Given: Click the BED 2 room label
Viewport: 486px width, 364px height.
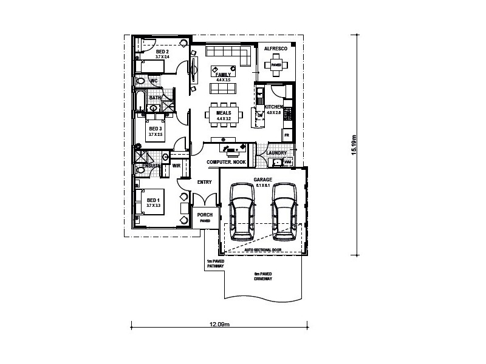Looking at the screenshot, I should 162,52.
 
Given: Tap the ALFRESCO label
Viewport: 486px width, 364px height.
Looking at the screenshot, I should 275,47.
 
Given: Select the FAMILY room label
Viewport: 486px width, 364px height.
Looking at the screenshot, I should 224,75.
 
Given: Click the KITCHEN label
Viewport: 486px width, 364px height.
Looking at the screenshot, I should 274,107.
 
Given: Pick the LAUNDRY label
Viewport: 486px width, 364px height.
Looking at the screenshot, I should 276,153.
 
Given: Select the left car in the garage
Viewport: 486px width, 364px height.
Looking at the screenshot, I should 242,208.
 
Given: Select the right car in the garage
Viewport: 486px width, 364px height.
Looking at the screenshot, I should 284,208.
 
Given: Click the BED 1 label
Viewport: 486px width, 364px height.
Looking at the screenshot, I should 153,200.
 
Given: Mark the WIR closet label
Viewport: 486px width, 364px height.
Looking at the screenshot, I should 177,165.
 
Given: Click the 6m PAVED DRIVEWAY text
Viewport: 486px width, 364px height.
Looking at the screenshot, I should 262,277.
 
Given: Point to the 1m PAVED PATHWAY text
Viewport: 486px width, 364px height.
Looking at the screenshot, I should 216,263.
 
